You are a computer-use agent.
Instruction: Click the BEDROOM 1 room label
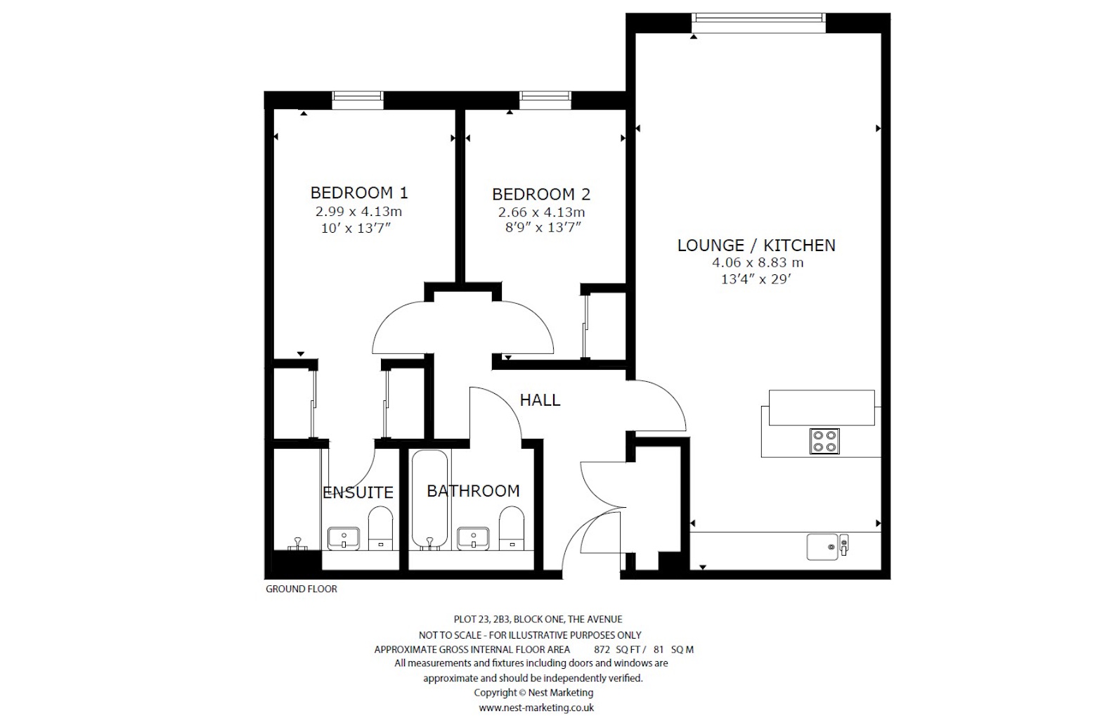[359, 193]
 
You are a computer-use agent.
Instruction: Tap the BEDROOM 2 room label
[540, 194]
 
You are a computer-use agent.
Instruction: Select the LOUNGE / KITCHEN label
[756, 245]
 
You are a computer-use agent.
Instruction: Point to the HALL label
[540, 400]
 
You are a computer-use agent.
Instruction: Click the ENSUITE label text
[358, 492]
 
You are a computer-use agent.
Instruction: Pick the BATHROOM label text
[473, 491]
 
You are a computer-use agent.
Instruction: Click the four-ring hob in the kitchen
[824, 441]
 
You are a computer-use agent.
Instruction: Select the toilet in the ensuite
[381, 528]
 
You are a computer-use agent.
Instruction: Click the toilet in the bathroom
[512, 528]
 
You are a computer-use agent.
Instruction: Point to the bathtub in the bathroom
[430, 499]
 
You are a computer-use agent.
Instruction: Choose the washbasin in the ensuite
[344, 539]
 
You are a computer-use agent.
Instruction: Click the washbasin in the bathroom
[473, 539]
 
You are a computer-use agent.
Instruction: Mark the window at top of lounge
[758, 23]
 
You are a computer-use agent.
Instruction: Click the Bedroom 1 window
[358, 101]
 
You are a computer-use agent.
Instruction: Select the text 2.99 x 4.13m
[358, 211]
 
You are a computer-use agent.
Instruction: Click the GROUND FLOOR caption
[301, 589]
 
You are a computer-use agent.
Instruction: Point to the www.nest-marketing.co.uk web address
[536, 708]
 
